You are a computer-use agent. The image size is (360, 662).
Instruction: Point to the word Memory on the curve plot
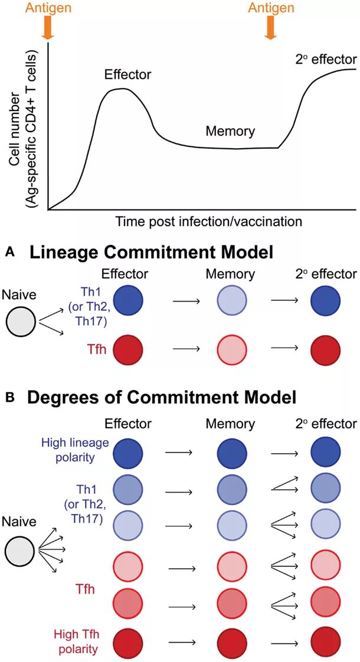click(230, 132)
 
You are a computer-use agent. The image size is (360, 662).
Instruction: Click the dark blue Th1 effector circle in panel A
click(128, 300)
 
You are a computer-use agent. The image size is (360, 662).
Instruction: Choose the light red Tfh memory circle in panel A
click(231, 350)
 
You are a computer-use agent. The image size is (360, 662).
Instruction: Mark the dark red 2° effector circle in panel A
click(325, 350)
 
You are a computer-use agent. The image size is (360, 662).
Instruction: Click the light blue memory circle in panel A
click(231, 300)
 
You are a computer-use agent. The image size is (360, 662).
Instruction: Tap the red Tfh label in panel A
click(90, 349)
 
